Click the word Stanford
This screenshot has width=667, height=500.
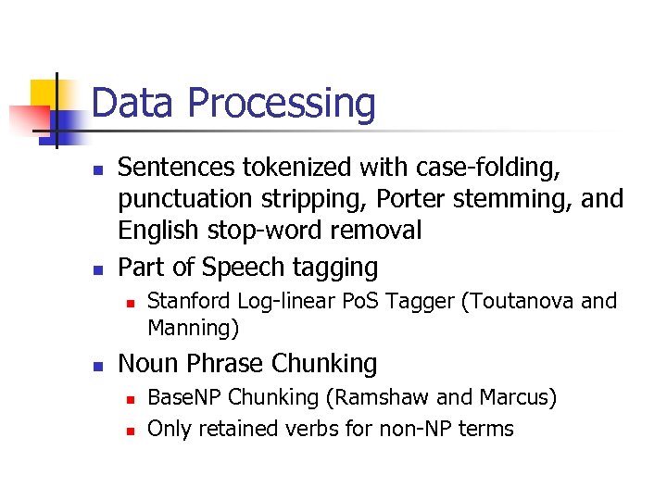(x=188, y=300)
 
